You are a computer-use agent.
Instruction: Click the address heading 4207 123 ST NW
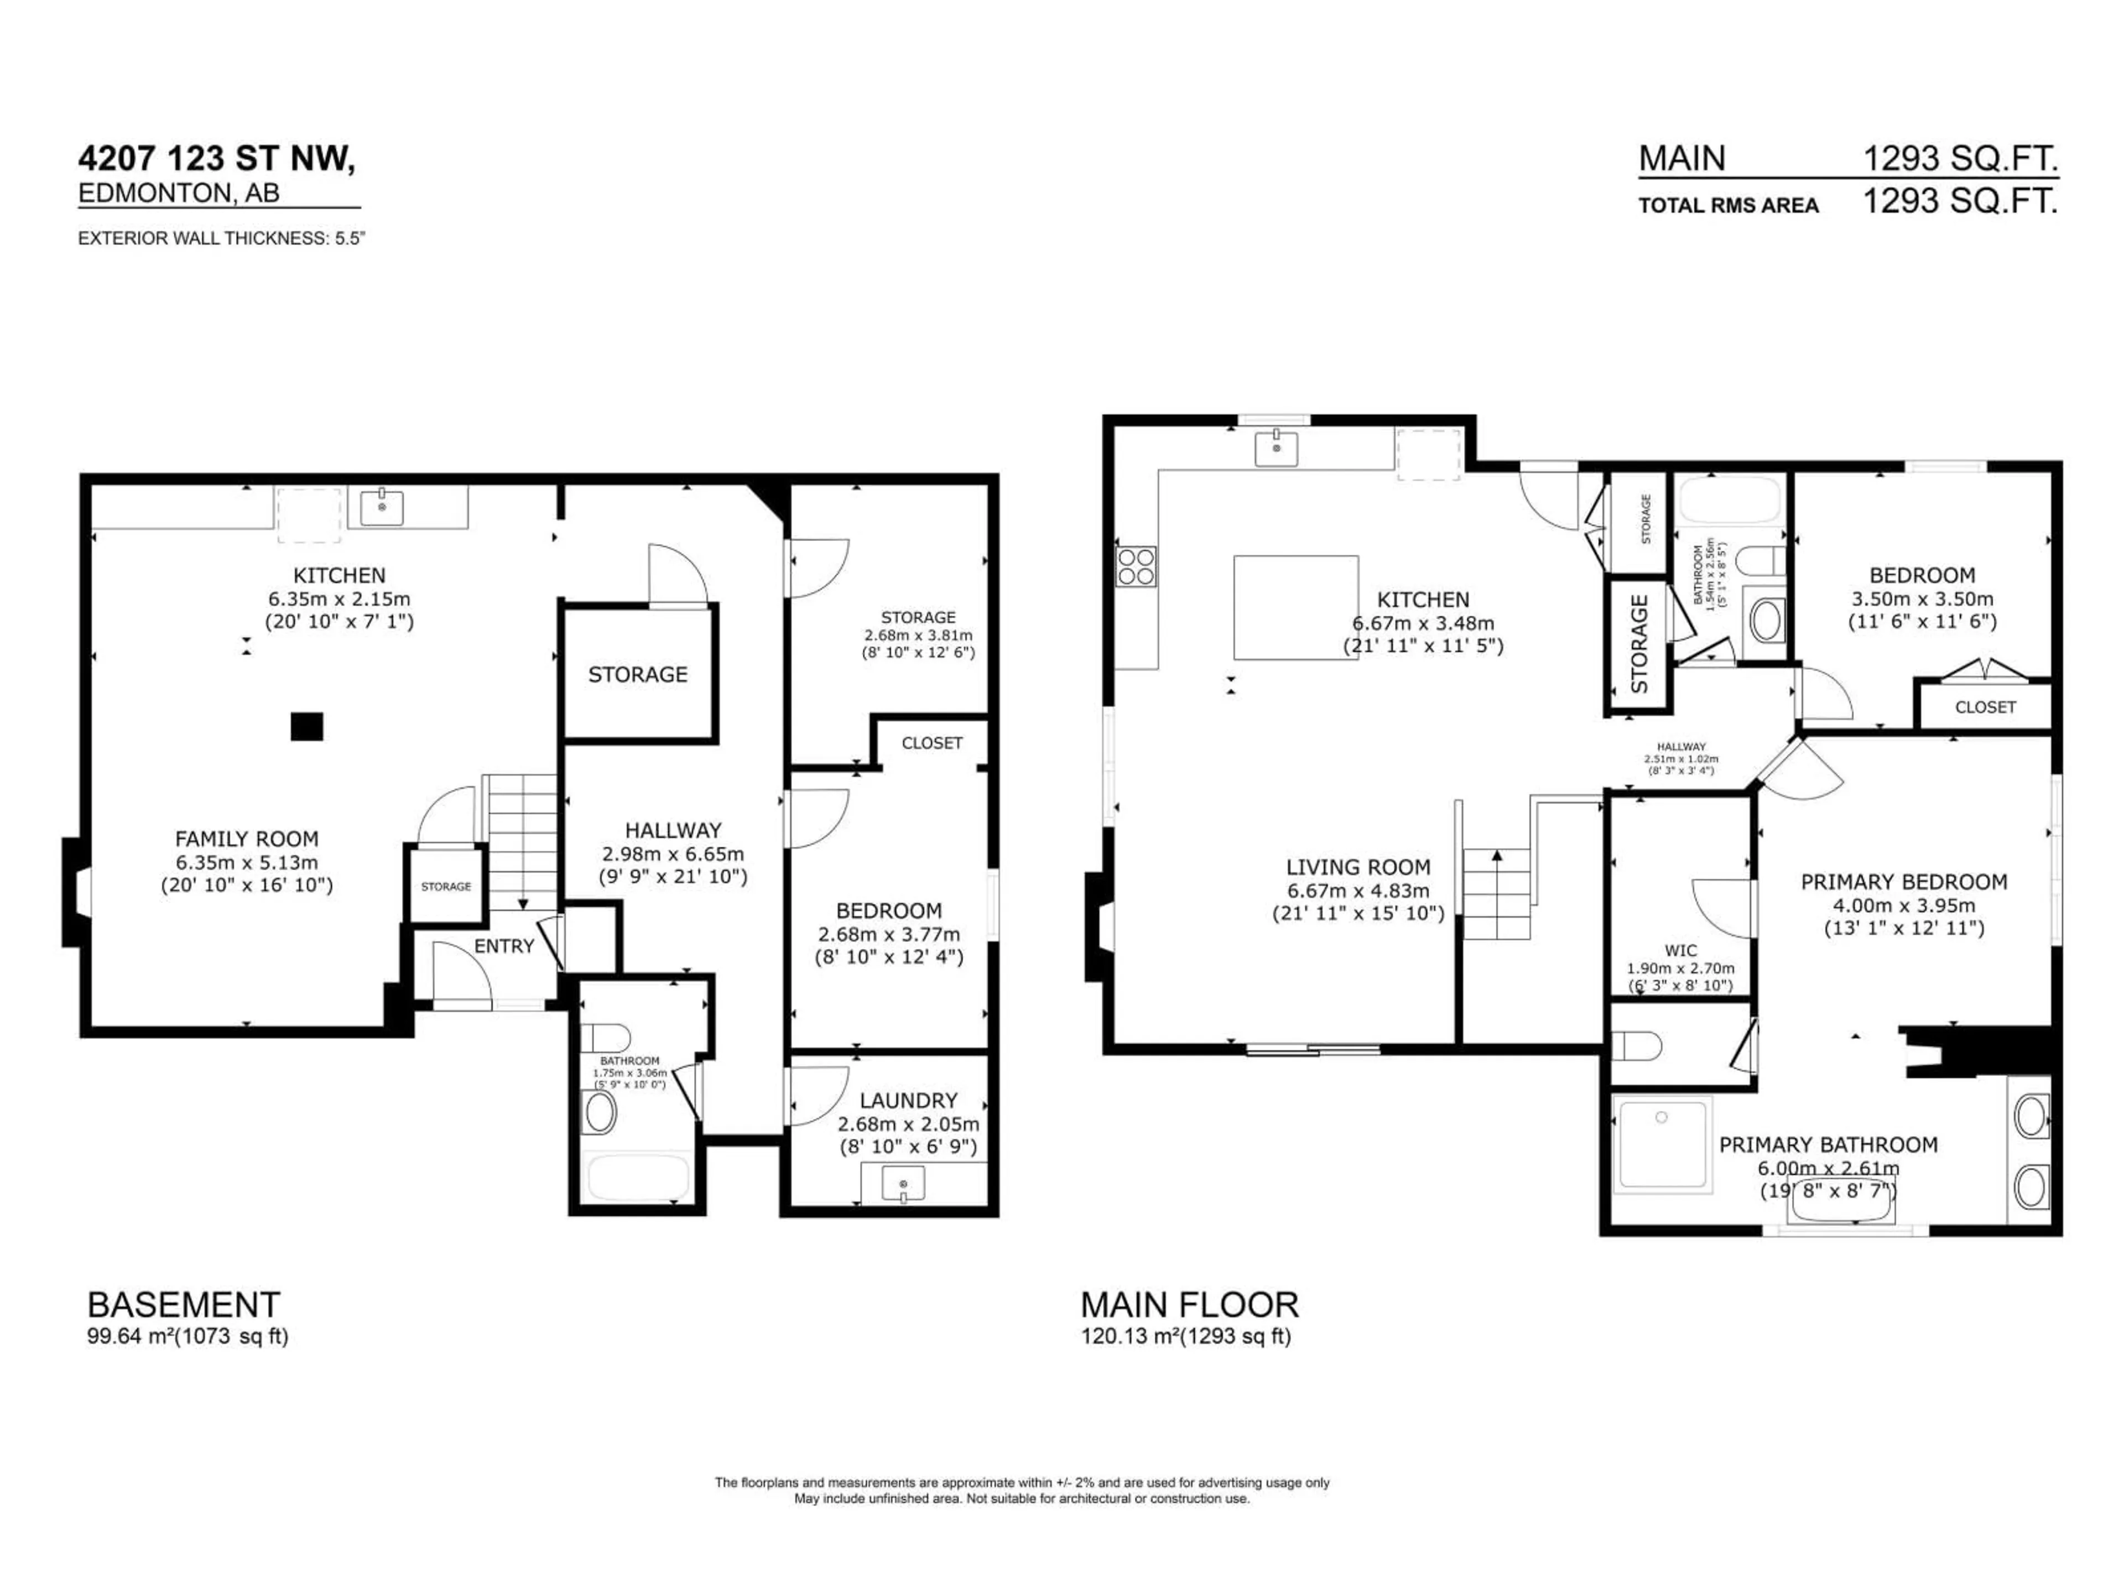point(216,158)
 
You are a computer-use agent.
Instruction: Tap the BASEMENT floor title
point(184,1305)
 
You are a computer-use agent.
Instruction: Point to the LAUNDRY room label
point(908,1100)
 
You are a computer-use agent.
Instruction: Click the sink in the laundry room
point(903,1183)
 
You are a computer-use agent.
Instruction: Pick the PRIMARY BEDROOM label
point(1903,882)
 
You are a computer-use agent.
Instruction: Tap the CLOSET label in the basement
point(931,742)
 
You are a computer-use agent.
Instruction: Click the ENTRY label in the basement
point(503,946)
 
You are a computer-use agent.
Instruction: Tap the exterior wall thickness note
point(221,238)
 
